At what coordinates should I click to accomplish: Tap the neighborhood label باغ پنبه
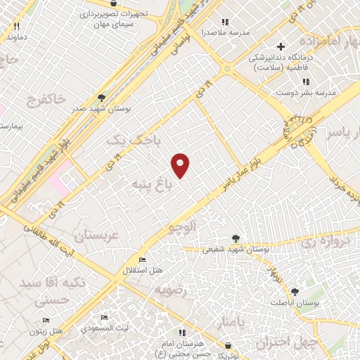point(150,184)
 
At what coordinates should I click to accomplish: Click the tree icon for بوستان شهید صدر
point(102,98)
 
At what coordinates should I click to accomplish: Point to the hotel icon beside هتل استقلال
point(143,259)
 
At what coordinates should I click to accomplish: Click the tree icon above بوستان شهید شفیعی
point(236,238)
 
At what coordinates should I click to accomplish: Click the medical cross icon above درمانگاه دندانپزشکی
point(280,47)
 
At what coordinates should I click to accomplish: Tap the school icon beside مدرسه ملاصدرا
point(225,22)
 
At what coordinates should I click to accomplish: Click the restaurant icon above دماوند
point(15,25)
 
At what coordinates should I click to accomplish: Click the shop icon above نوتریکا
point(229,345)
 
